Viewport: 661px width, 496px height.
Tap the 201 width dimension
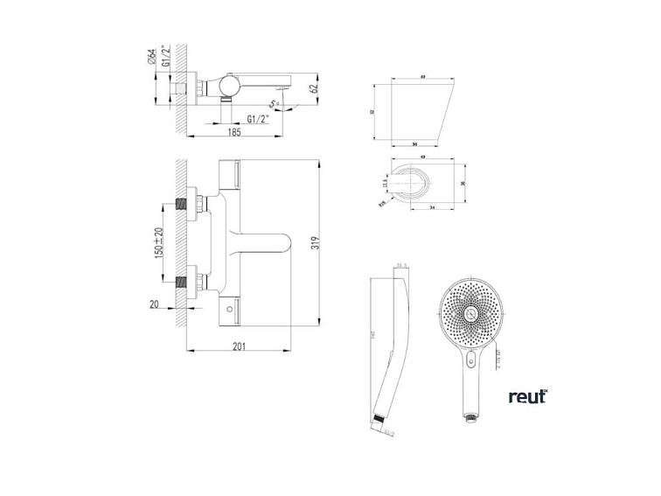pyautogui.click(x=239, y=346)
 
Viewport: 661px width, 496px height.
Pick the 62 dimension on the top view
pyautogui.click(x=314, y=87)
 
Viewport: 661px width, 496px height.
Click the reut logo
pyautogui.click(x=528, y=396)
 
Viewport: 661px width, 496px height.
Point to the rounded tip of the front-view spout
pyautogui.click(x=288, y=244)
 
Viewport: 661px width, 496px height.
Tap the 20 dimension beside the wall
pyautogui.click(x=154, y=304)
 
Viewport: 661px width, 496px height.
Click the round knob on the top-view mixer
pyautogui.click(x=231, y=85)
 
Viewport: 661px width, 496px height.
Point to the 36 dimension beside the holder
pyautogui.click(x=463, y=183)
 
